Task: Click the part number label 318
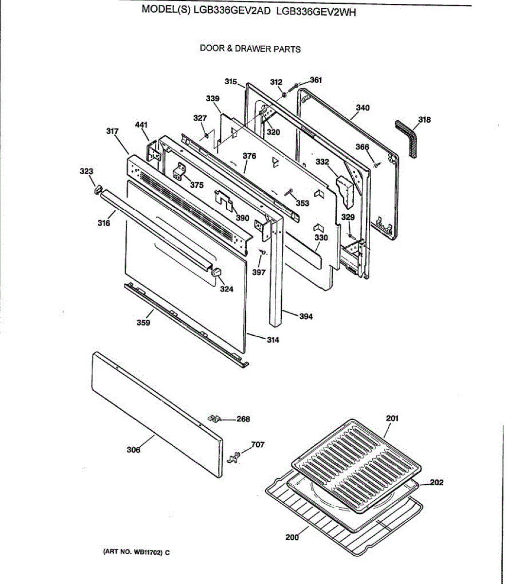coord(424,119)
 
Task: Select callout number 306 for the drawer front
coord(133,450)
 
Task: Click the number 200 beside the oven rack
coord(292,537)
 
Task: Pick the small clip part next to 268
coord(214,418)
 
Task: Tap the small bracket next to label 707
coord(235,457)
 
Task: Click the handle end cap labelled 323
coord(96,189)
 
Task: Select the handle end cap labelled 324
coord(217,271)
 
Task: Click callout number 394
coord(306,316)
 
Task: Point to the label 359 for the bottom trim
coord(143,323)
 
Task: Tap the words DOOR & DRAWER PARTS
coord(250,49)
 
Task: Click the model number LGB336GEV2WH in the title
coord(316,13)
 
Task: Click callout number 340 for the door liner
coord(363,108)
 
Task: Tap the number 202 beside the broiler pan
coord(437,482)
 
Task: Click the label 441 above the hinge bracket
coord(141,125)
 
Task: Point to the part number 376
coord(249,156)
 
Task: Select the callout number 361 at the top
coord(316,80)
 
